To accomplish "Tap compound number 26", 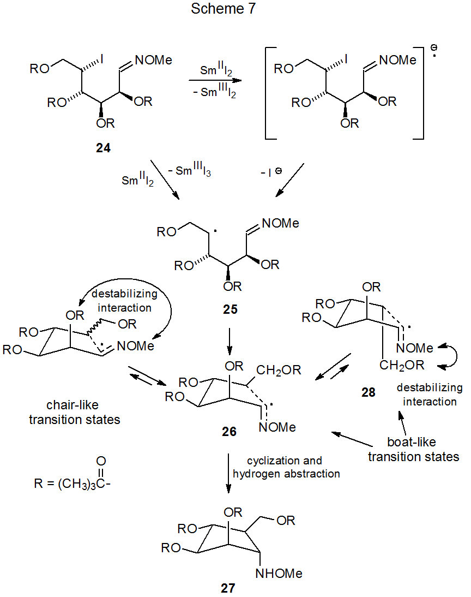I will (x=229, y=432).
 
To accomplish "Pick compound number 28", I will (x=368, y=392).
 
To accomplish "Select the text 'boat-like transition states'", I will (x=413, y=450).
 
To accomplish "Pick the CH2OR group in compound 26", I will (x=277, y=371).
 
